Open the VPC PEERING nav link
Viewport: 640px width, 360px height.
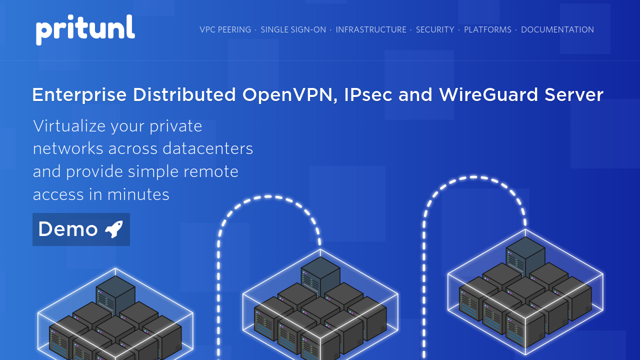coord(225,29)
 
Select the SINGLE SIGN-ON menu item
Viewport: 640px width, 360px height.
coord(293,29)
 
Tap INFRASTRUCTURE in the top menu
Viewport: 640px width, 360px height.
coord(371,29)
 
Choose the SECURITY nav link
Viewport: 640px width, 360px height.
coord(435,29)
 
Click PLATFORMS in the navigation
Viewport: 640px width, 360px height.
coord(487,29)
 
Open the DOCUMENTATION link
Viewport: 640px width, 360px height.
coord(557,29)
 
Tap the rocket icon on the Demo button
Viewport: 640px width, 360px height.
coord(114,229)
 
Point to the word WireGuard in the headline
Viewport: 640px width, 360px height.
coord(489,94)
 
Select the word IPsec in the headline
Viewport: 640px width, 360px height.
coord(368,94)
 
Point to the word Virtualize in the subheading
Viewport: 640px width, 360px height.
coord(69,126)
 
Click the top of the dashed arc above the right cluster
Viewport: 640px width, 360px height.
coord(473,177)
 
